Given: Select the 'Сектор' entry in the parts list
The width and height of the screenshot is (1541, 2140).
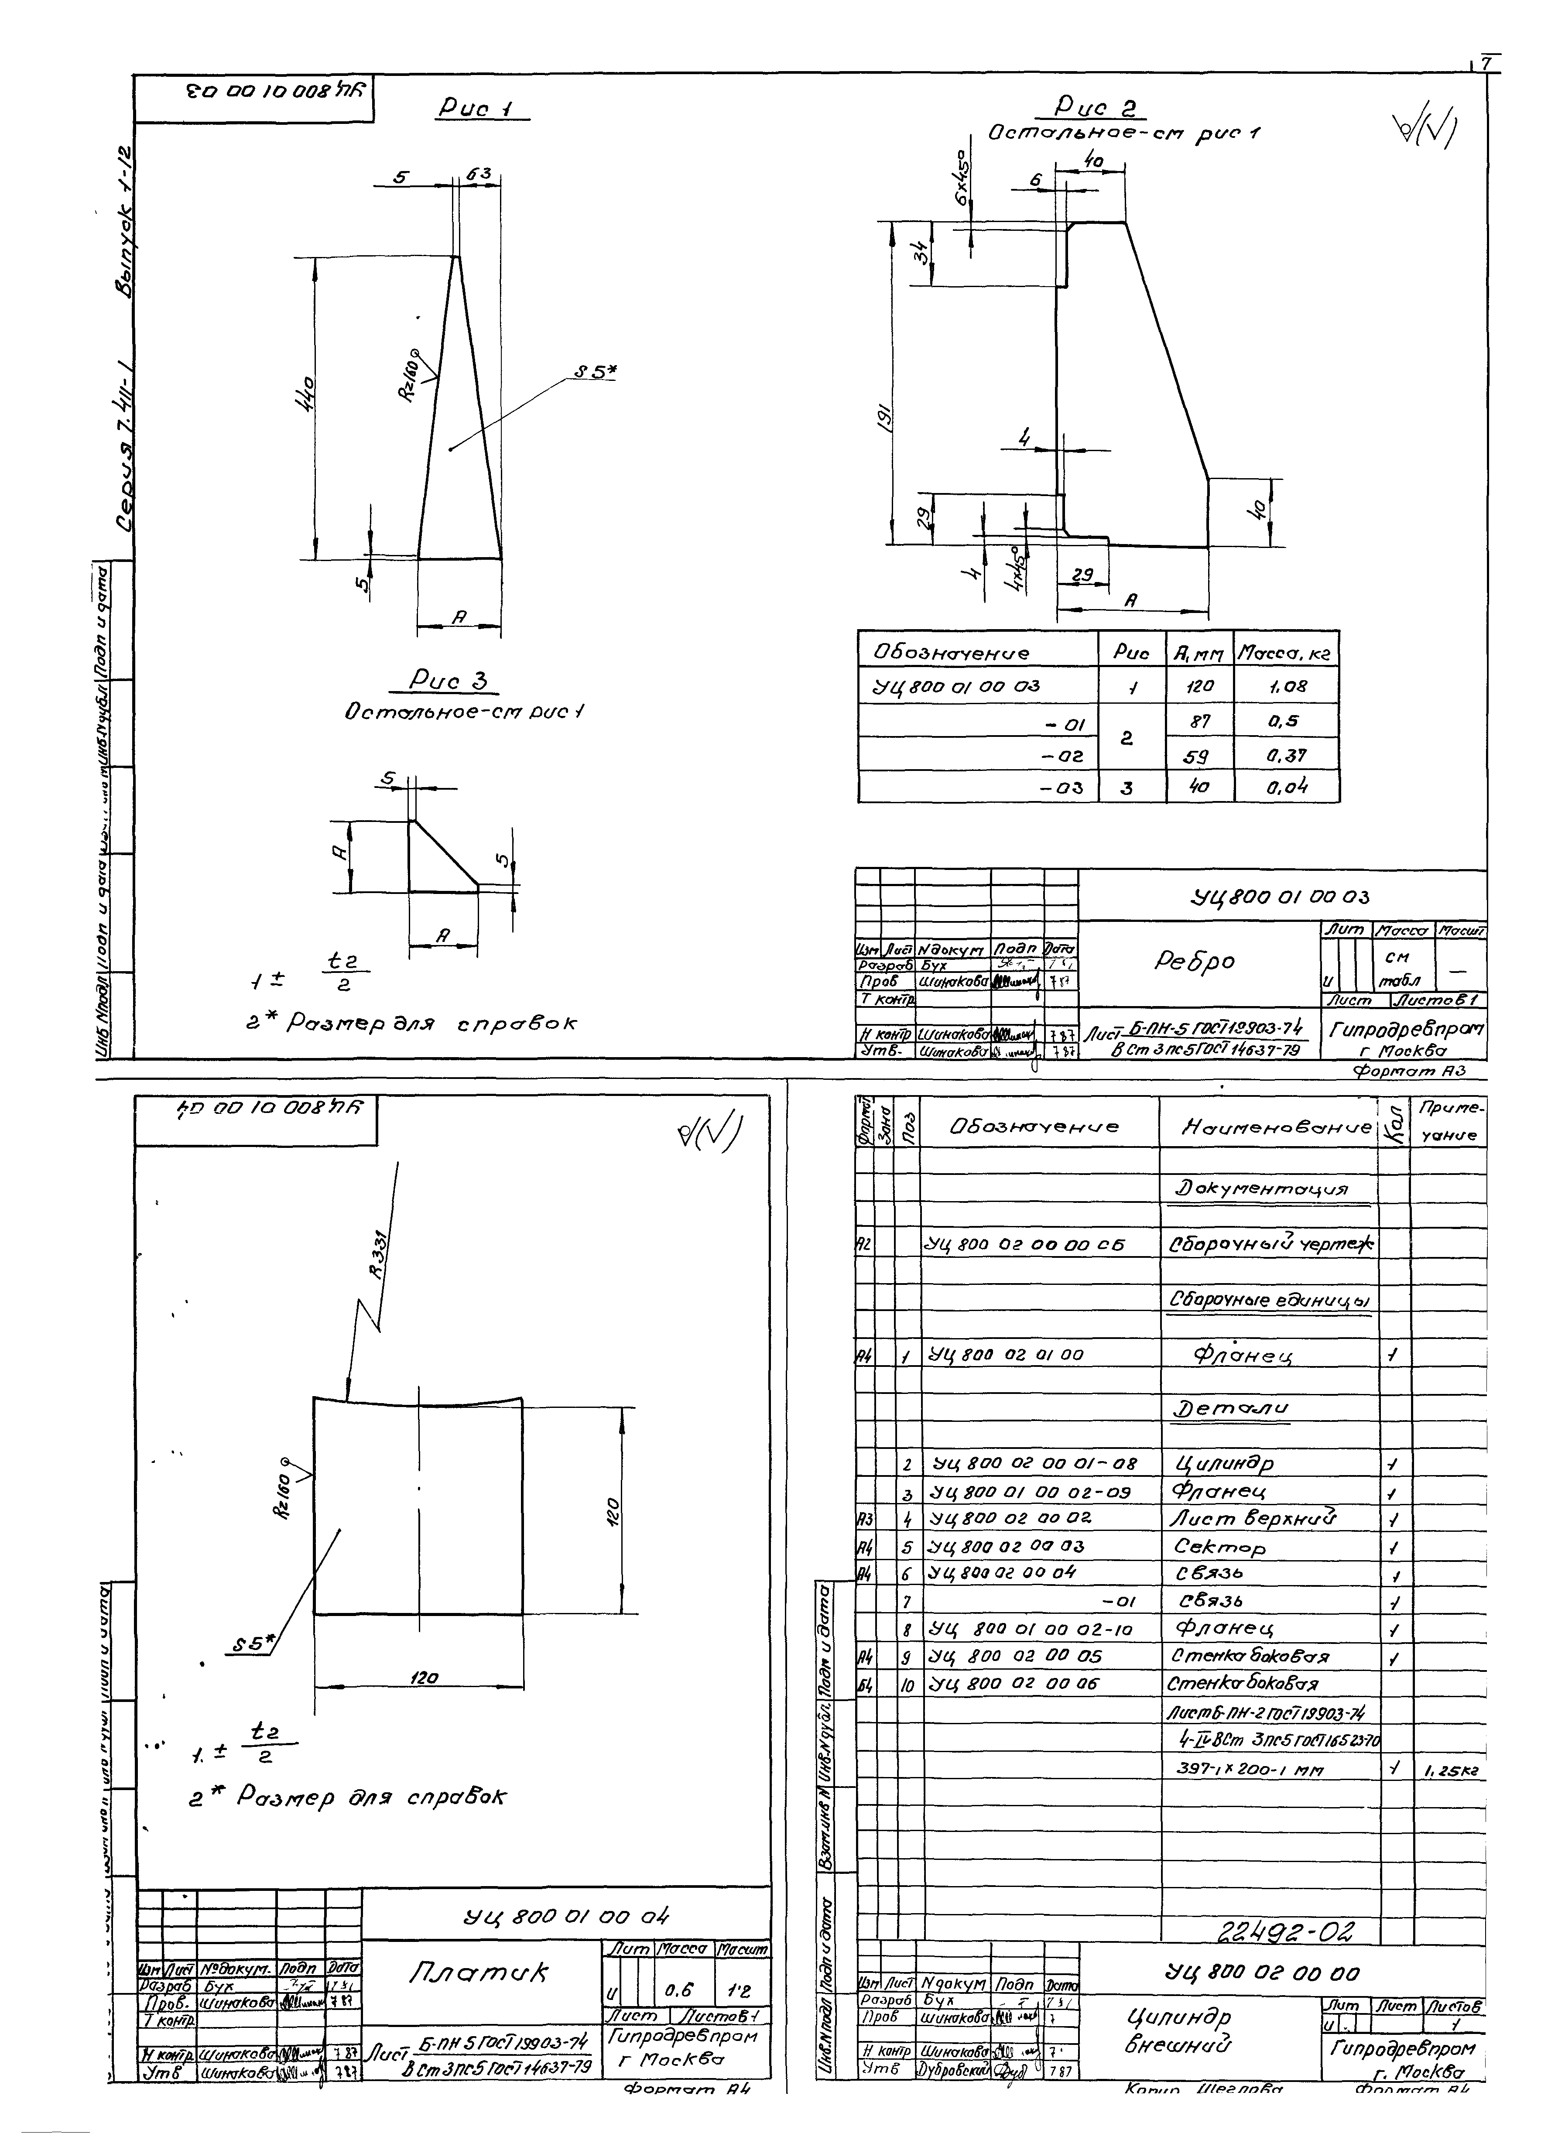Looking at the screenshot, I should click(1219, 1547).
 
